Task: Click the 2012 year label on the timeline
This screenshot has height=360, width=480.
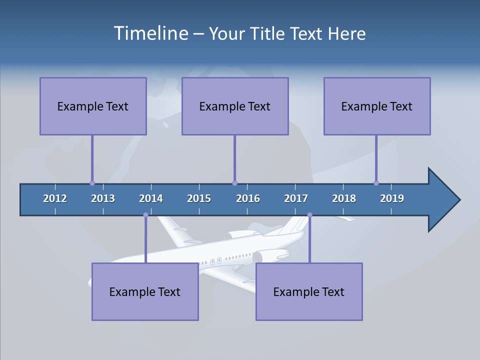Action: (55, 198)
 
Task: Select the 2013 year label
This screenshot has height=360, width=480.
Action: (103, 198)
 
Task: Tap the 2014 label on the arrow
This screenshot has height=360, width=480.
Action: (151, 198)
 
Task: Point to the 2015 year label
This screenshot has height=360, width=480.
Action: (199, 198)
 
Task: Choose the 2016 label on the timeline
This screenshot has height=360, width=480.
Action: (248, 198)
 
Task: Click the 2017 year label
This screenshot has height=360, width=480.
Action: (296, 198)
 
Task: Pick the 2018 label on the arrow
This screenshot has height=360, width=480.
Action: (344, 198)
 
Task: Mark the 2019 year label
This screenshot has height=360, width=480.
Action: (392, 198)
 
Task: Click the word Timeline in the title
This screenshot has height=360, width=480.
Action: (150, 33)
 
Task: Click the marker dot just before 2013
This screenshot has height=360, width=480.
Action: (92, 183)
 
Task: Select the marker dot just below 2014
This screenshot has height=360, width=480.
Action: (145, 215)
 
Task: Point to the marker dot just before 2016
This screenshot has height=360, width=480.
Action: (234, 183)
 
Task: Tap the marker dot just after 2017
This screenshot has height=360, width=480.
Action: (309, 215)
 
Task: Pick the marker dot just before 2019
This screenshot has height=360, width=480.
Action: (376, 183)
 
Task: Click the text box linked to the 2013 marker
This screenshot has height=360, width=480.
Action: (93, 106)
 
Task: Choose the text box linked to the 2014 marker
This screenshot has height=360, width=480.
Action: (145, 291)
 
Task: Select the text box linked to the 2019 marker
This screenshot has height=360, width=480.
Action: (377, 106)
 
